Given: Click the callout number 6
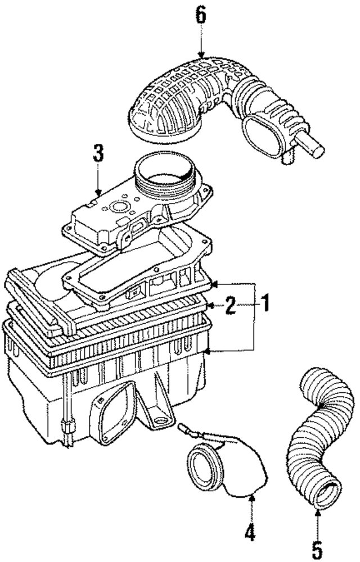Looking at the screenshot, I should coord(201,14).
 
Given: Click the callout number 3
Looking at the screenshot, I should coord(98,153).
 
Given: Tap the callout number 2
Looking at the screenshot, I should coord(229,306).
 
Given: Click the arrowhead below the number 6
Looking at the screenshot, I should coord(201,55).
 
